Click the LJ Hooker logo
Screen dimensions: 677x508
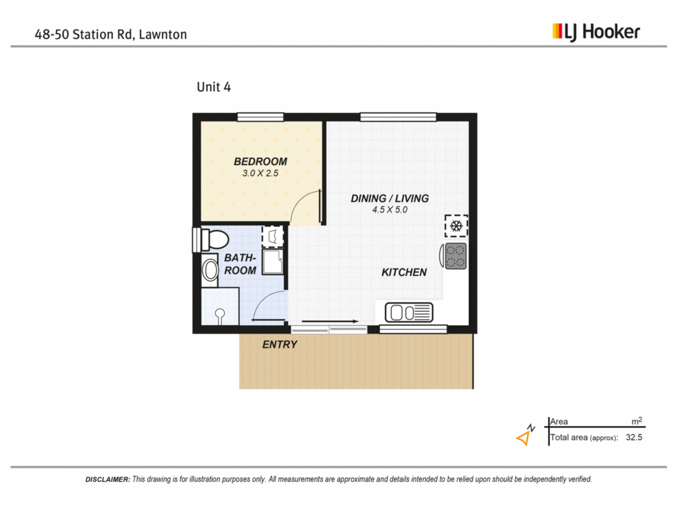596,32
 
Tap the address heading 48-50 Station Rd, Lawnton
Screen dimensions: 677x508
111,35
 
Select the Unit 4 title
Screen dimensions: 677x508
214,87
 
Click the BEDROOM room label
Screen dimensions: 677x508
261,162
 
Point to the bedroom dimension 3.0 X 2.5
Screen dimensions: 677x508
260,173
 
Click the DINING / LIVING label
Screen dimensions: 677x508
390,199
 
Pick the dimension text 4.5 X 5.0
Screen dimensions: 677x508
390,210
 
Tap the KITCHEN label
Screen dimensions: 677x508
404,272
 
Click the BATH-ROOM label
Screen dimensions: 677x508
240,264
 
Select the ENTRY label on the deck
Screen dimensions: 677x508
280,345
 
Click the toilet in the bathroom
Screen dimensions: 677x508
211,240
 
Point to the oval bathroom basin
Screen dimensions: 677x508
211,270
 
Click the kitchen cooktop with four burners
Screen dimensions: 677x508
456,256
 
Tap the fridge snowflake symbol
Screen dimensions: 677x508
456,226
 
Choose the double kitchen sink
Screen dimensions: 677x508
409,313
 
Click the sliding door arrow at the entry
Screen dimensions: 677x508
330,321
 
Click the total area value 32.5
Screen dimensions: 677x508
634,437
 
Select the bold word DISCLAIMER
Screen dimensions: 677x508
108,479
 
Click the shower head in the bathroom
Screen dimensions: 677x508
220,315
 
